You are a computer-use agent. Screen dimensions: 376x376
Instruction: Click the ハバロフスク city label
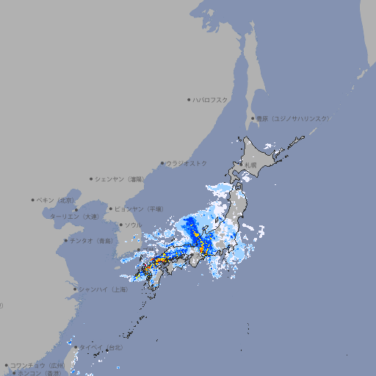[211, 99]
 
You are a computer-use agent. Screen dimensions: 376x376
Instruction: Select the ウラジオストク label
[187, 163]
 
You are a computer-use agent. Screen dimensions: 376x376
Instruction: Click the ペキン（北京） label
[57, 200]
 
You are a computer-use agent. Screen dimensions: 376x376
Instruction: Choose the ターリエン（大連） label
[73, 217]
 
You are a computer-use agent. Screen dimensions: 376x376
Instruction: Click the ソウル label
[133, 225]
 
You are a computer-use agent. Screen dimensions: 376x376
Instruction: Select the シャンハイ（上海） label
[104, 289]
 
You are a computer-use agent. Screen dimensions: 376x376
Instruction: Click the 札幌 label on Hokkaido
[252, 165]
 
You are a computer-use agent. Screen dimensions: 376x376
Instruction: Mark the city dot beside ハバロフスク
[189, 99]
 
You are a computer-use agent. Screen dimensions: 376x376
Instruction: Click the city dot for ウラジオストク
[162, 163]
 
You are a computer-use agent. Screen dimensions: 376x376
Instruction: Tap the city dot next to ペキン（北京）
[33, 200]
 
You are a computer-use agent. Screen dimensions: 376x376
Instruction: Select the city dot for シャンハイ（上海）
[75, 289]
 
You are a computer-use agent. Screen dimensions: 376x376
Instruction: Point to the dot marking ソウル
[120, 225]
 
